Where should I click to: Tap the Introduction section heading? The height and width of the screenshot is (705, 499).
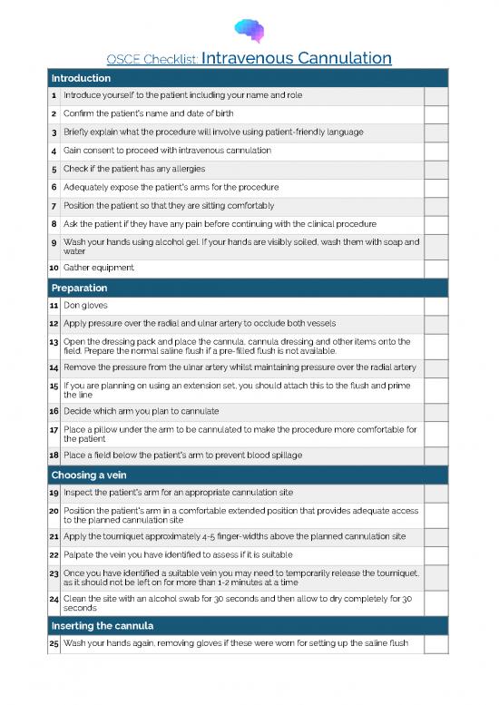[x=81, y=78]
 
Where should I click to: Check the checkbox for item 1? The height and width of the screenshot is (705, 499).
[x=435, y=95]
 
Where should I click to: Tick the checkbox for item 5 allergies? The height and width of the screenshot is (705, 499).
[x=435, y=168]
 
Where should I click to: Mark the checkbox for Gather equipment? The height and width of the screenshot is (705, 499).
[x=435, y=268]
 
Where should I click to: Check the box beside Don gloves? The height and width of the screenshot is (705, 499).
[x=435, y=306]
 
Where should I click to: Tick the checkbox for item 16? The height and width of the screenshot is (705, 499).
[x=435, y=410]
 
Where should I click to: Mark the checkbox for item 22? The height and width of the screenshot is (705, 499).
[x=435, y=554]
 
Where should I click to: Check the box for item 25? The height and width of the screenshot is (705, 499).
[x=435, y=644]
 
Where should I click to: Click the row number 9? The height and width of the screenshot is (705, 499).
[x=54, y=242]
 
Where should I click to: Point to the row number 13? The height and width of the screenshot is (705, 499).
[x=54, y=341]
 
